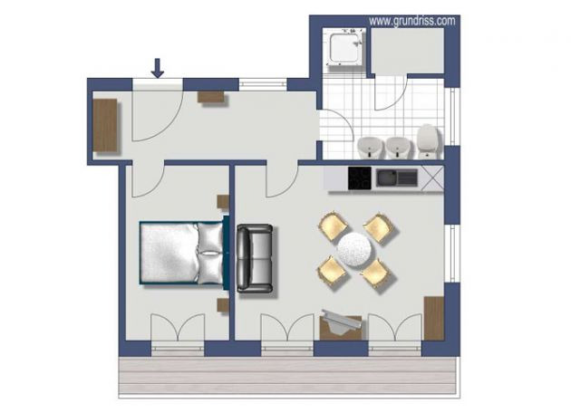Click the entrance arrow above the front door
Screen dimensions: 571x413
tap(158, 68)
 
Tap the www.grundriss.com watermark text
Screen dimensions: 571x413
tap(411, 21)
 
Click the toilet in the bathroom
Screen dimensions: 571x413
tap(429, 141)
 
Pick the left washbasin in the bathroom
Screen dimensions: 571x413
tap(371, 148)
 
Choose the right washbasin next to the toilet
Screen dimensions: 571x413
tap(398, 148)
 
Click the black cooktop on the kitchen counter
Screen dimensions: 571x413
tap(360, 178)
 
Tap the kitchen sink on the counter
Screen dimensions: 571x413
tap(397, 178)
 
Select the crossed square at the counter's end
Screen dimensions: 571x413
tap(432, 178)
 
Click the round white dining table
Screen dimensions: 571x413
tap(355, 250)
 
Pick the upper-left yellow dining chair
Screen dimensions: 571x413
tap(334, 226)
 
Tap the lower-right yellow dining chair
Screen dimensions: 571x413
tap(376, 274)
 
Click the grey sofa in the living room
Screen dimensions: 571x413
tap(255, 258)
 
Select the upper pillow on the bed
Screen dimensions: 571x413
tap(209, 237)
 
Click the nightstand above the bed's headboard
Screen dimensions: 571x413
tap(223, 202)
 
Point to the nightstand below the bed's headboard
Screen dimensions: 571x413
tap(223, 305)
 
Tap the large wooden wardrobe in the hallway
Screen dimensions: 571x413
tap(105, 125)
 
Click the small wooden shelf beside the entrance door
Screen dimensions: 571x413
tap(211, 97)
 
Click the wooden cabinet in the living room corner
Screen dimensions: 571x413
tap(434, 319)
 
